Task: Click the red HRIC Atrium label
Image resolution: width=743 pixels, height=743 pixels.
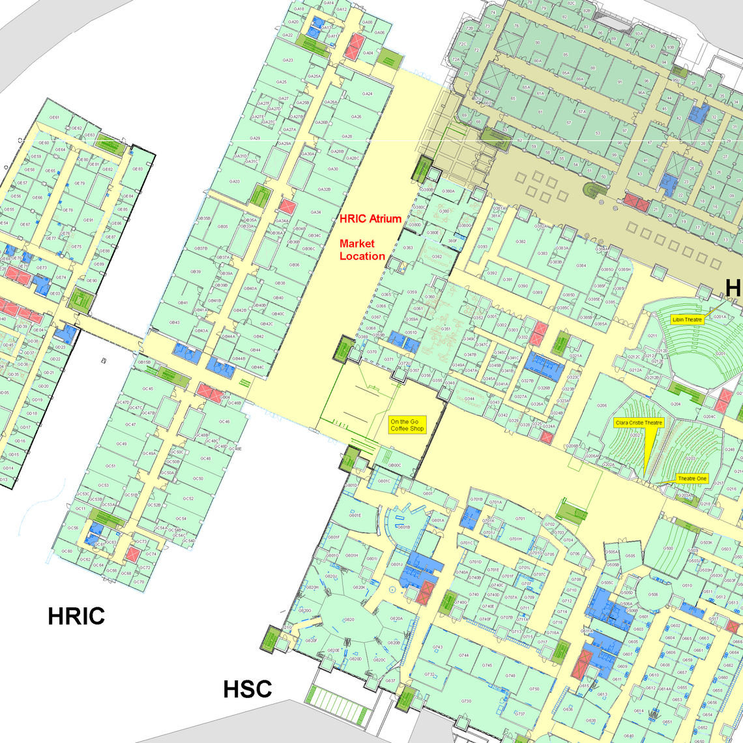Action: coord(370,219)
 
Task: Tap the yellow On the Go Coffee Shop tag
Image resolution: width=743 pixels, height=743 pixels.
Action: coord(407,426)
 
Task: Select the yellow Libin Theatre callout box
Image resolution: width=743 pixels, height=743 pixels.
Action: coord(687,319)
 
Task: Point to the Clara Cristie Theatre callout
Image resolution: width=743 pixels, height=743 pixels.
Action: coord(639,423)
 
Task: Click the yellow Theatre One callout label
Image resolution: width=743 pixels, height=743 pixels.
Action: coord(692,478)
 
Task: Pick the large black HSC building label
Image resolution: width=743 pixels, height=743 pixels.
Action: coord(247,689)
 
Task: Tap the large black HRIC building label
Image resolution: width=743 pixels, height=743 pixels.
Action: coord(76,616)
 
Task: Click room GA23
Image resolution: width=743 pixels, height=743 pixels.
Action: coord(287,61)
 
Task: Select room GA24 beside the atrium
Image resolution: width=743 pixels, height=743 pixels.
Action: coord(368,94)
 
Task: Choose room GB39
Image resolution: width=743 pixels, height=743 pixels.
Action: coord(196,272)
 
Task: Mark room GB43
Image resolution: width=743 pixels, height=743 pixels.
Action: coord(175,323)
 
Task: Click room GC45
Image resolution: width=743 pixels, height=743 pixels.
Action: coord(147,389)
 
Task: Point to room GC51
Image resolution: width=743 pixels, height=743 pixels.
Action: coord(110,466)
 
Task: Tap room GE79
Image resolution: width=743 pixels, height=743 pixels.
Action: coord(79,184)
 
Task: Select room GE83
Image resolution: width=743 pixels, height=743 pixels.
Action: coord(138,169)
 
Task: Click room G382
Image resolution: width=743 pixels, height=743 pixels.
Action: coord(521,242)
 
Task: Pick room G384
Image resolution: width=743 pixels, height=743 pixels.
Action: coord(581,266)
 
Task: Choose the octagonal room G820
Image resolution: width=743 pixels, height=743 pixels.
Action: coord(349,620)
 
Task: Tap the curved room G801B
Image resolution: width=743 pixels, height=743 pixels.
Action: coord(403,527)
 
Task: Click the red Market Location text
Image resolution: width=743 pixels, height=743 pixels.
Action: coord(362,250)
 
